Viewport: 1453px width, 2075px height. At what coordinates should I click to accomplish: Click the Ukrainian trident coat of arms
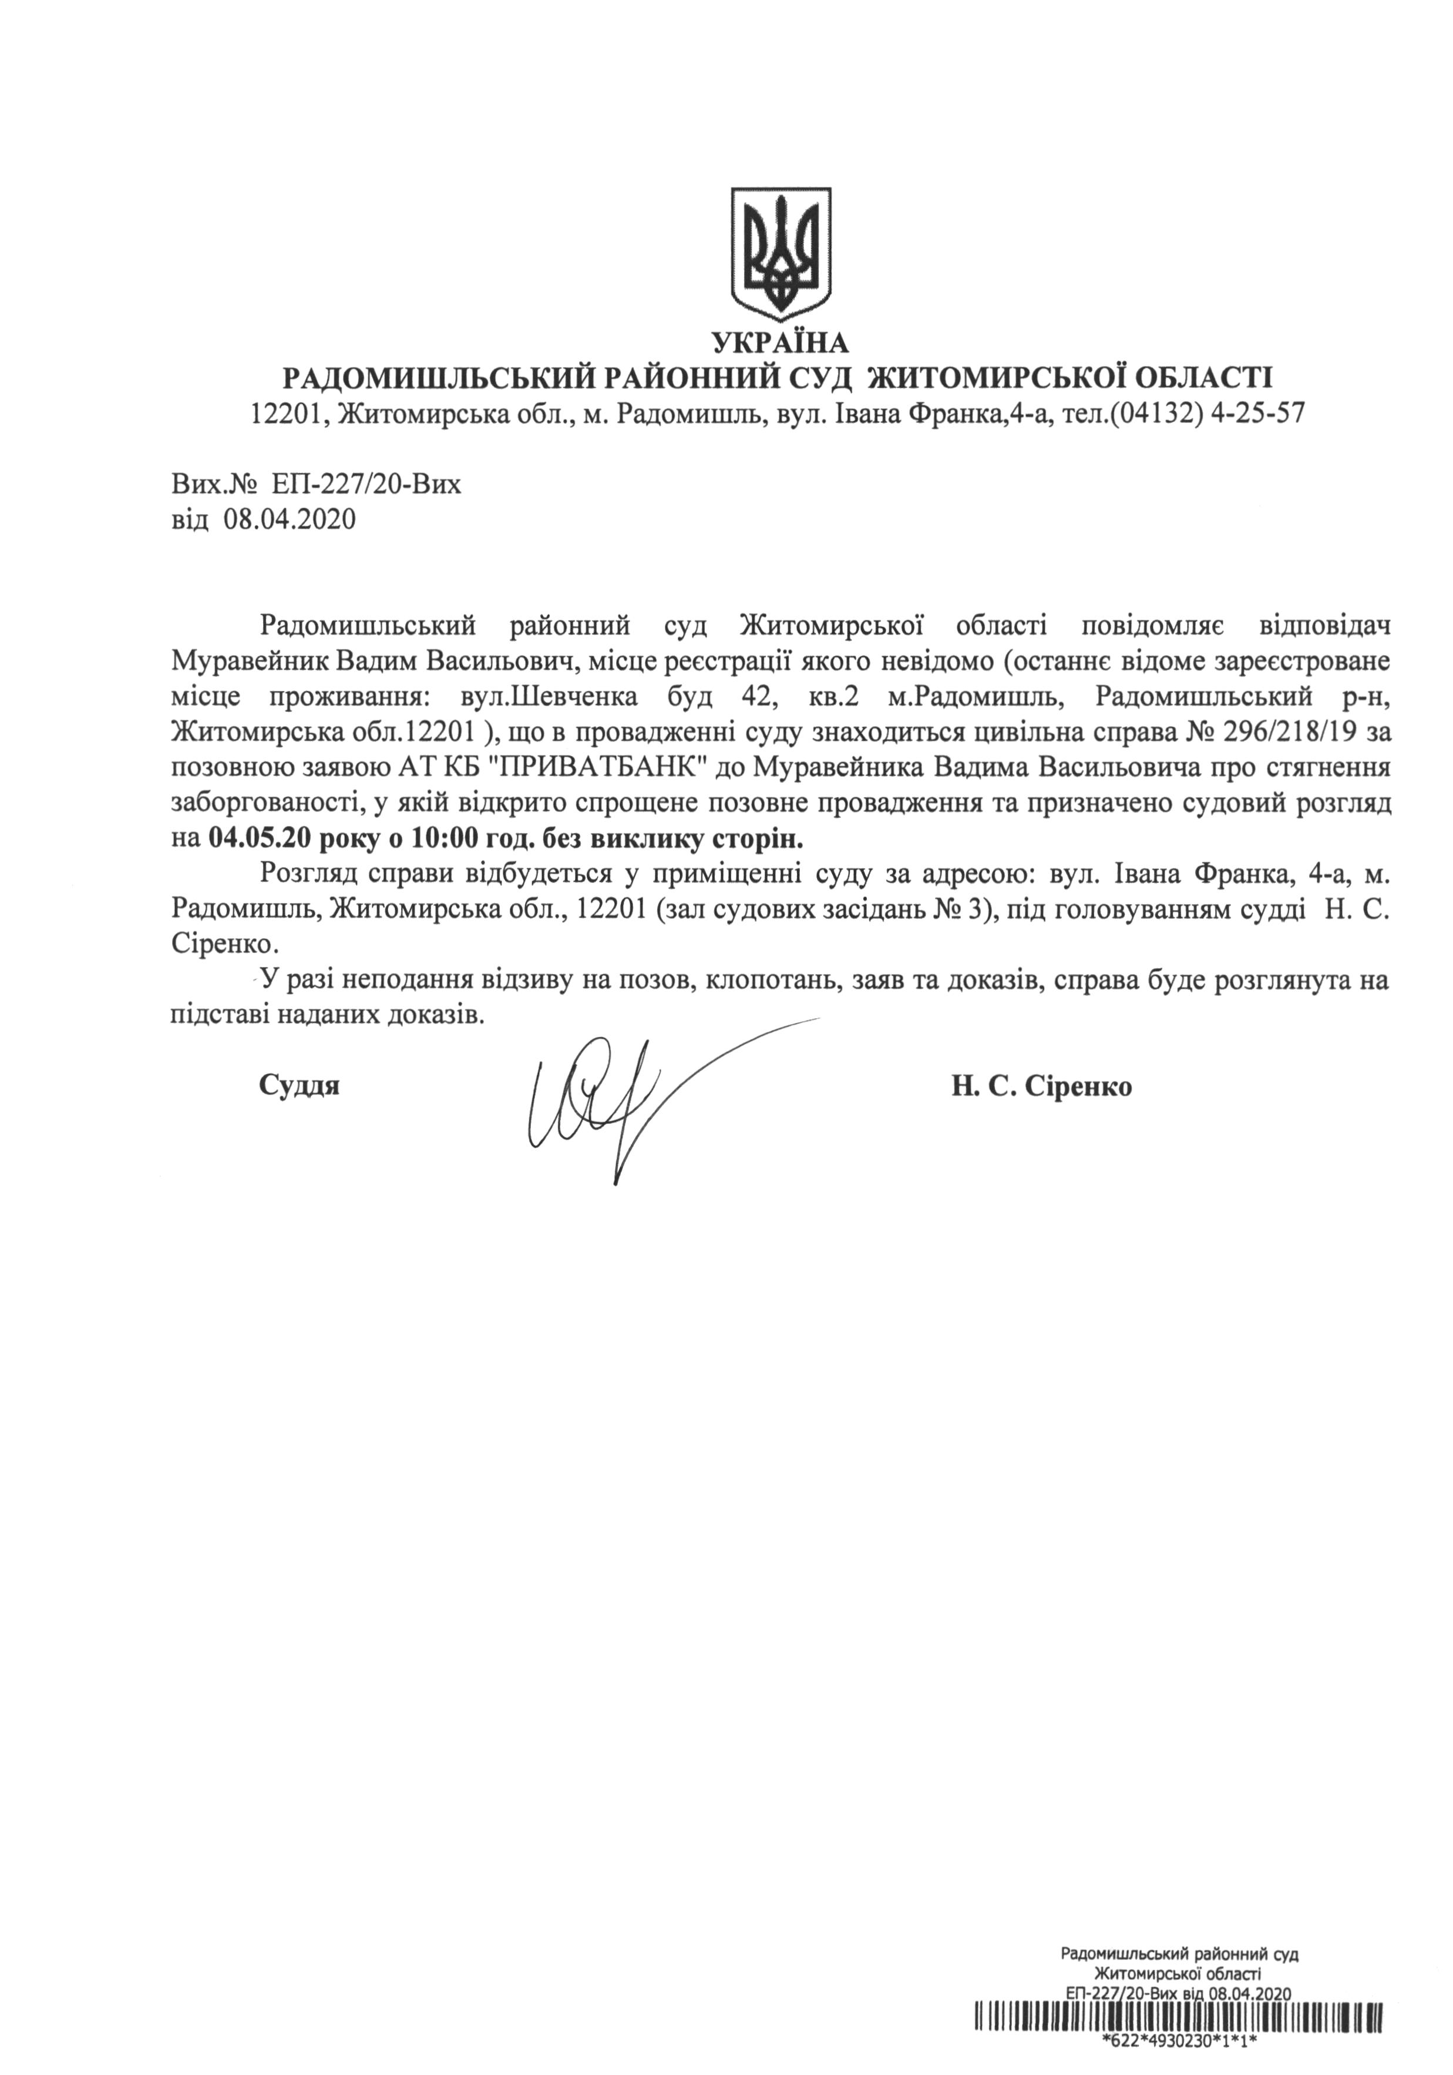point(780,254)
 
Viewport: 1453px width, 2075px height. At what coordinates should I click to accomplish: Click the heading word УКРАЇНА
point(780,343)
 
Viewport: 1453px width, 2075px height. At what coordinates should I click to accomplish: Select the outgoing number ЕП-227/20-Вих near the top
point(364,485)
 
